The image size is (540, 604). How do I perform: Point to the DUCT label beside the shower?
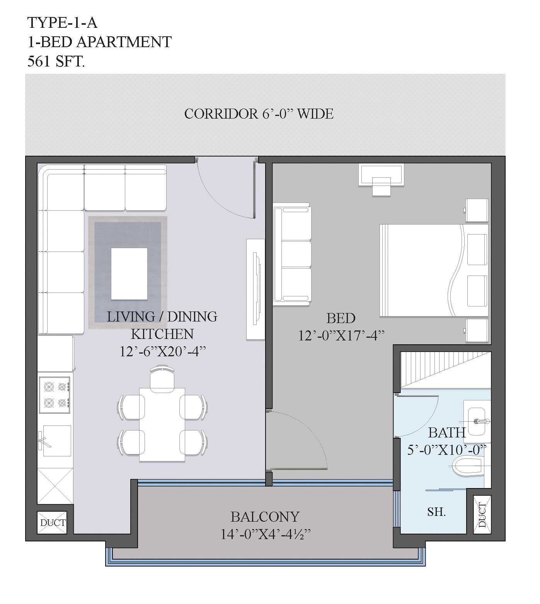[482, 515]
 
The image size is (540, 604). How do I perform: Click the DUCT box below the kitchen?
[53, 523]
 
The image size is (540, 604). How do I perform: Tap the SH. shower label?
[436, 512]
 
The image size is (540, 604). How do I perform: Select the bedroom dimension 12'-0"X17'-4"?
[341, 335]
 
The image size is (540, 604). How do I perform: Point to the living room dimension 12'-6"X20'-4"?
[162, 351]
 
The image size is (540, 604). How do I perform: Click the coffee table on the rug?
[129, 274]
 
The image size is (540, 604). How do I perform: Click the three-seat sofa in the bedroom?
[292, 254]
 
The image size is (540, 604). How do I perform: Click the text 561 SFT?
[56, 61]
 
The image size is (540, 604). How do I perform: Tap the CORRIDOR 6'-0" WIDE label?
[259, 114]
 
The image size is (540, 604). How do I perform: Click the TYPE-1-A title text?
[62, 23]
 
